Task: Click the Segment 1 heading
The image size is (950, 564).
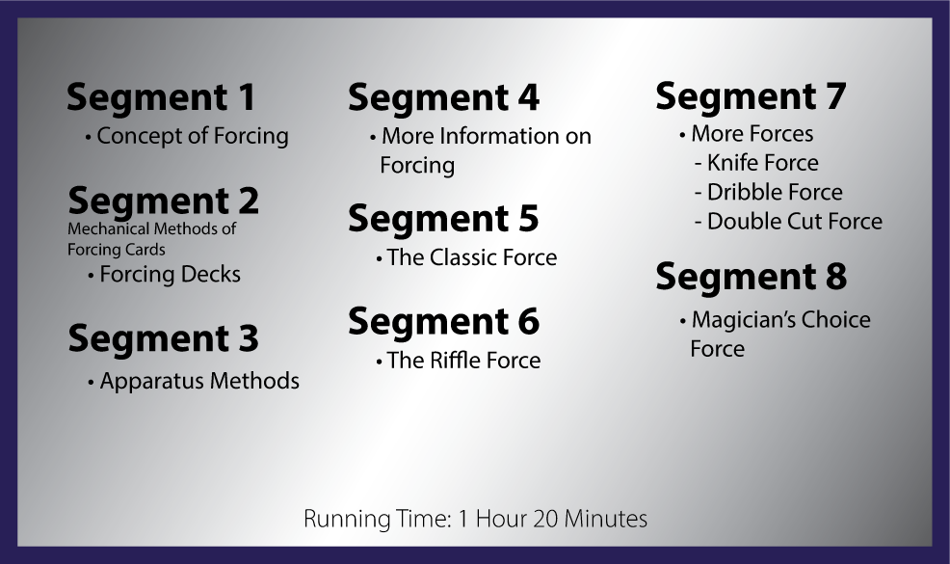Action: (x=161, y=97)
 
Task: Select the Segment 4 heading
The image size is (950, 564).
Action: (x=443, y=97)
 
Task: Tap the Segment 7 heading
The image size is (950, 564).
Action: (x=751, y=95)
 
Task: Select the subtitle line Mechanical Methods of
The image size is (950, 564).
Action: (x=151, y=228)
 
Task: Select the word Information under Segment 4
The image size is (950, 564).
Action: (x=499, y=136)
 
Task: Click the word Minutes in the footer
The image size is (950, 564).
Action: (x=606, y=519)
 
